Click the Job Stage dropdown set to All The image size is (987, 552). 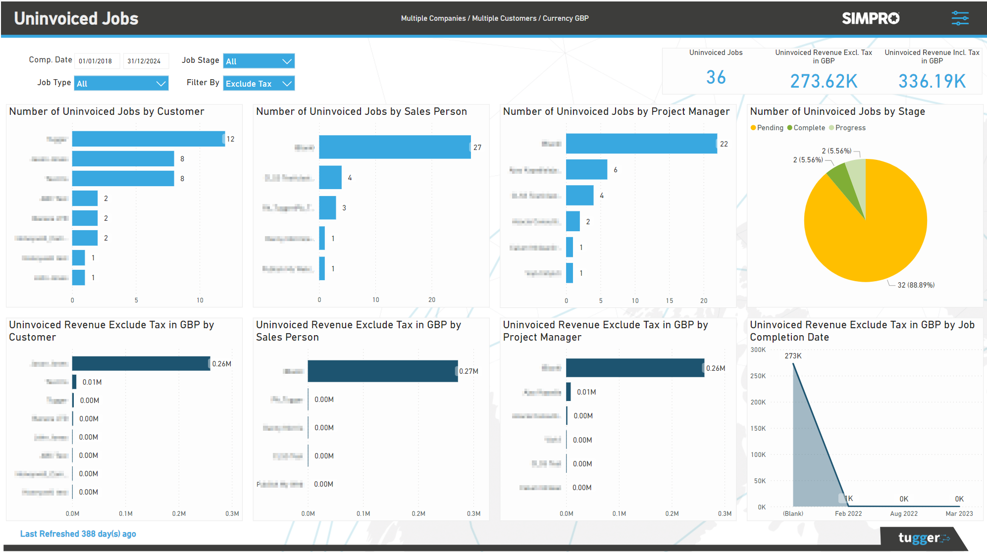(x=259, y=61)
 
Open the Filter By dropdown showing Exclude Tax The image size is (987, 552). (x=259, y=83)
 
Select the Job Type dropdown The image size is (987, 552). (x=121, y=83)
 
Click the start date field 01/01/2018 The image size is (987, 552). (x=97, y=61)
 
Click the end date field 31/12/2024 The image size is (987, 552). (x=145, y=61)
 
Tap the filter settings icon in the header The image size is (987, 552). (x=960, y=18)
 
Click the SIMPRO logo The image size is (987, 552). (x=871, y=18)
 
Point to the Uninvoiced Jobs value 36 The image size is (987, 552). (x=716, y=77)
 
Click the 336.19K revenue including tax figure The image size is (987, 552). (x=932, y=81)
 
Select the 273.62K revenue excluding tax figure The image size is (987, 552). (x=824, y=81)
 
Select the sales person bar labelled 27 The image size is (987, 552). (x=394, y=147)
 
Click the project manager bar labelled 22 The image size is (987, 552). (x=641, y=144)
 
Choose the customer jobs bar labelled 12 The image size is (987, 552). (x=148, y=139)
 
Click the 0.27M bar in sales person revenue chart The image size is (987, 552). (x=382, y=371)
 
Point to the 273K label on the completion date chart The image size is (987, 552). (x=793, y=356)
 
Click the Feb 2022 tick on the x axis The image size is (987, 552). (x=848, y=513)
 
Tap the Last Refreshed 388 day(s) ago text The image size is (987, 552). (x=78, y=534)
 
